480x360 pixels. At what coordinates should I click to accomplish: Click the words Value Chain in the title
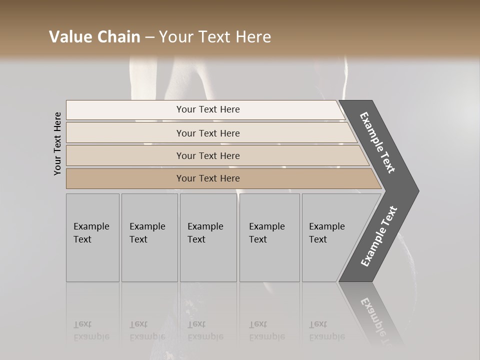point(95,37)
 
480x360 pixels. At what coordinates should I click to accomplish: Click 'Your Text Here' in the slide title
point(215,37)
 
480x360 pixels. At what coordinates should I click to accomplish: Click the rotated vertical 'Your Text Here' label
point(57,143)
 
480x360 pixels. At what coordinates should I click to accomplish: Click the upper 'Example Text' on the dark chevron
point(377,142)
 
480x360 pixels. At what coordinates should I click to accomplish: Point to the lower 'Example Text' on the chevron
point(379,236)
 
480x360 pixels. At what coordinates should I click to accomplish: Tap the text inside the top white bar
point(208,109)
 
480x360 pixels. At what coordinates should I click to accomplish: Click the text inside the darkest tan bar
point(208,178)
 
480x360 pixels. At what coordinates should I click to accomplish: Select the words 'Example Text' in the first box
point(91,233)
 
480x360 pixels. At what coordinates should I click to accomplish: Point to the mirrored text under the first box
point(91,330)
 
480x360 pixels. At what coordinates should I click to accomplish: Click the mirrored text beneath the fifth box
point(326,330)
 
